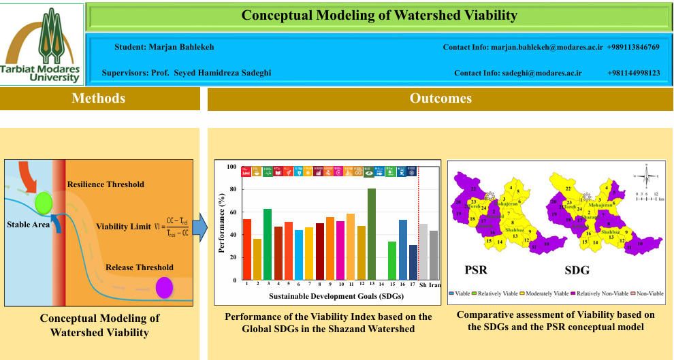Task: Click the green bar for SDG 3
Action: click(268, 244)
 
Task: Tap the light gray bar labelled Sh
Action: click(423, 252)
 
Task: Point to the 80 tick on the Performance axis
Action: click(234, 189)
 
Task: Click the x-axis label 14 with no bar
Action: click(382, 284)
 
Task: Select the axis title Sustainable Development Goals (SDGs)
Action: click(327, 297)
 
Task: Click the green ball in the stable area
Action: click(44, 202)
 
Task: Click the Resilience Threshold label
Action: click(106, 184)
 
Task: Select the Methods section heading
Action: click(99, 99)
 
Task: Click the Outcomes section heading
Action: click(440, 99)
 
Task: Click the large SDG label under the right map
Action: click(578, 270)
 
